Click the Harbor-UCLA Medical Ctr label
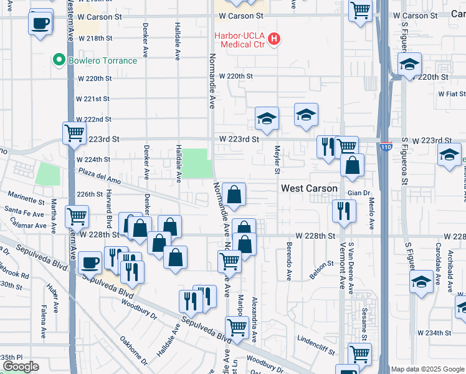(240, 36)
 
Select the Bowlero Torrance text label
(102, 60)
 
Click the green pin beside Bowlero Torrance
(59, 60)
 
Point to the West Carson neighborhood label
(309, 188)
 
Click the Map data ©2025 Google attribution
(427, 369)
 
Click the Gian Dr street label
(359, 193)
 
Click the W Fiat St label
(452, 94)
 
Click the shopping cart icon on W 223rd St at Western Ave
(74, 132)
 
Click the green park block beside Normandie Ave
(196, 163)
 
